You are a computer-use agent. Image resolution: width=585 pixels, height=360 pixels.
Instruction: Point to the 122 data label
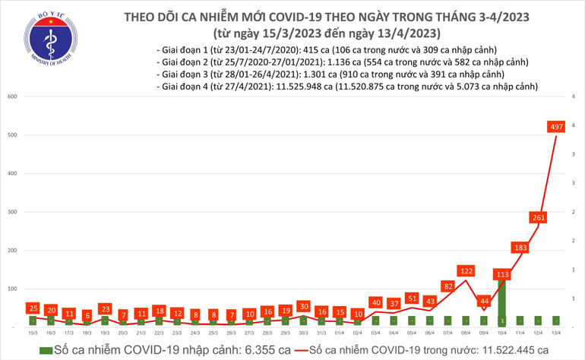click(466, 271)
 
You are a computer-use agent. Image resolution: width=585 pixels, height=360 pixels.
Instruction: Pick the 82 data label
click(447, 286)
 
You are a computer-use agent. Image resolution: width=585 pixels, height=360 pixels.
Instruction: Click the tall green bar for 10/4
click(501, 304)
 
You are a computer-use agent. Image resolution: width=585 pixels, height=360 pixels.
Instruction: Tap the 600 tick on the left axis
click(13, 96)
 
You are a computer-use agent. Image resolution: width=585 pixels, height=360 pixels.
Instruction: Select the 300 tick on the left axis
click(13, 212)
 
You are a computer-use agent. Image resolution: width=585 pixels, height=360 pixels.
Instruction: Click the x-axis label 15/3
click(32, 333)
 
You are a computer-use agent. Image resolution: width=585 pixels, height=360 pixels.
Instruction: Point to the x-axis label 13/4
click(555, 333)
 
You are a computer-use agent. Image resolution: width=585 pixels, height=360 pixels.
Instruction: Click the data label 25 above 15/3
click(32, 308)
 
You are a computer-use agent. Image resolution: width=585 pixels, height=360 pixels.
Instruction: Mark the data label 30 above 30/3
click(303, 306)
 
